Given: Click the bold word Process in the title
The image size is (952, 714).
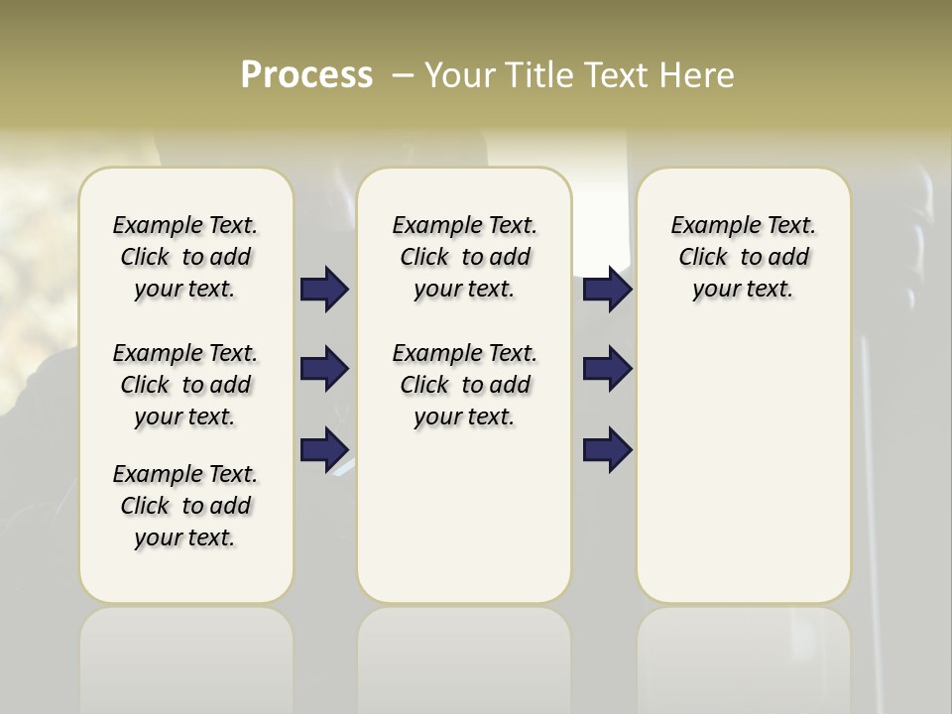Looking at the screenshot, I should [306, 75].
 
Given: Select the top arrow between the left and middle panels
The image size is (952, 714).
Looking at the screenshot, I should [324, 290].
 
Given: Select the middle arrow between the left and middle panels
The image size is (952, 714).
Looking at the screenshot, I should [324, 369].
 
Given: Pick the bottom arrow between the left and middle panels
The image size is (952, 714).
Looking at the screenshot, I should [324, 450].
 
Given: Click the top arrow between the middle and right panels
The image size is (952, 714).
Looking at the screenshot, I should [607, 290].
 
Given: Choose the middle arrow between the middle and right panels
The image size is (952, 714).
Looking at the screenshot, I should [607, 369].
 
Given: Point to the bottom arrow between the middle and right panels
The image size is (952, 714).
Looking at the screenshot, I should [607, 450].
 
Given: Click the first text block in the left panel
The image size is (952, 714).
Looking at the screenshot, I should [185, 257].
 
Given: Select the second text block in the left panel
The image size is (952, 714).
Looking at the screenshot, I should [185, 385].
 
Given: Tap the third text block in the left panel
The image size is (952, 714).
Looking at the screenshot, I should [185, 506].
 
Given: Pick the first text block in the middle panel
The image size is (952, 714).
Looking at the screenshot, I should [464, 257].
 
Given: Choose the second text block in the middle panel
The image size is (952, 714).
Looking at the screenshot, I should [464, 385].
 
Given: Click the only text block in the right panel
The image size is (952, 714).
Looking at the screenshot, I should [743, 257].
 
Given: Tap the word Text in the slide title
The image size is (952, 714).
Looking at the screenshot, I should [618, 75].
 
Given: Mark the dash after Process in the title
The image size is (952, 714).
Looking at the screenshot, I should [403, 75].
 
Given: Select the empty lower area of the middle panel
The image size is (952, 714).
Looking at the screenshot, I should [464, 516].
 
